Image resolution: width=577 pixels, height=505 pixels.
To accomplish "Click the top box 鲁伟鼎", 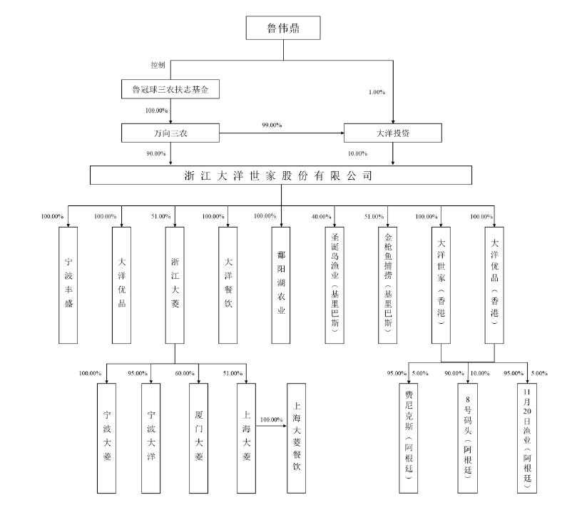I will click(283, 29).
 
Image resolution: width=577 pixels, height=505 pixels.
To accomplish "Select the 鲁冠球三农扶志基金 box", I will click(169, 90).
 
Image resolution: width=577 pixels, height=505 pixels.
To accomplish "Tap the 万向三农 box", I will click(169, 133).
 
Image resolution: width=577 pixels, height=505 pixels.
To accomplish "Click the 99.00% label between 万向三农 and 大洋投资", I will click(272, 126).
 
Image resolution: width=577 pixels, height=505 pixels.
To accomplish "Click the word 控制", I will click(158, 64).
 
